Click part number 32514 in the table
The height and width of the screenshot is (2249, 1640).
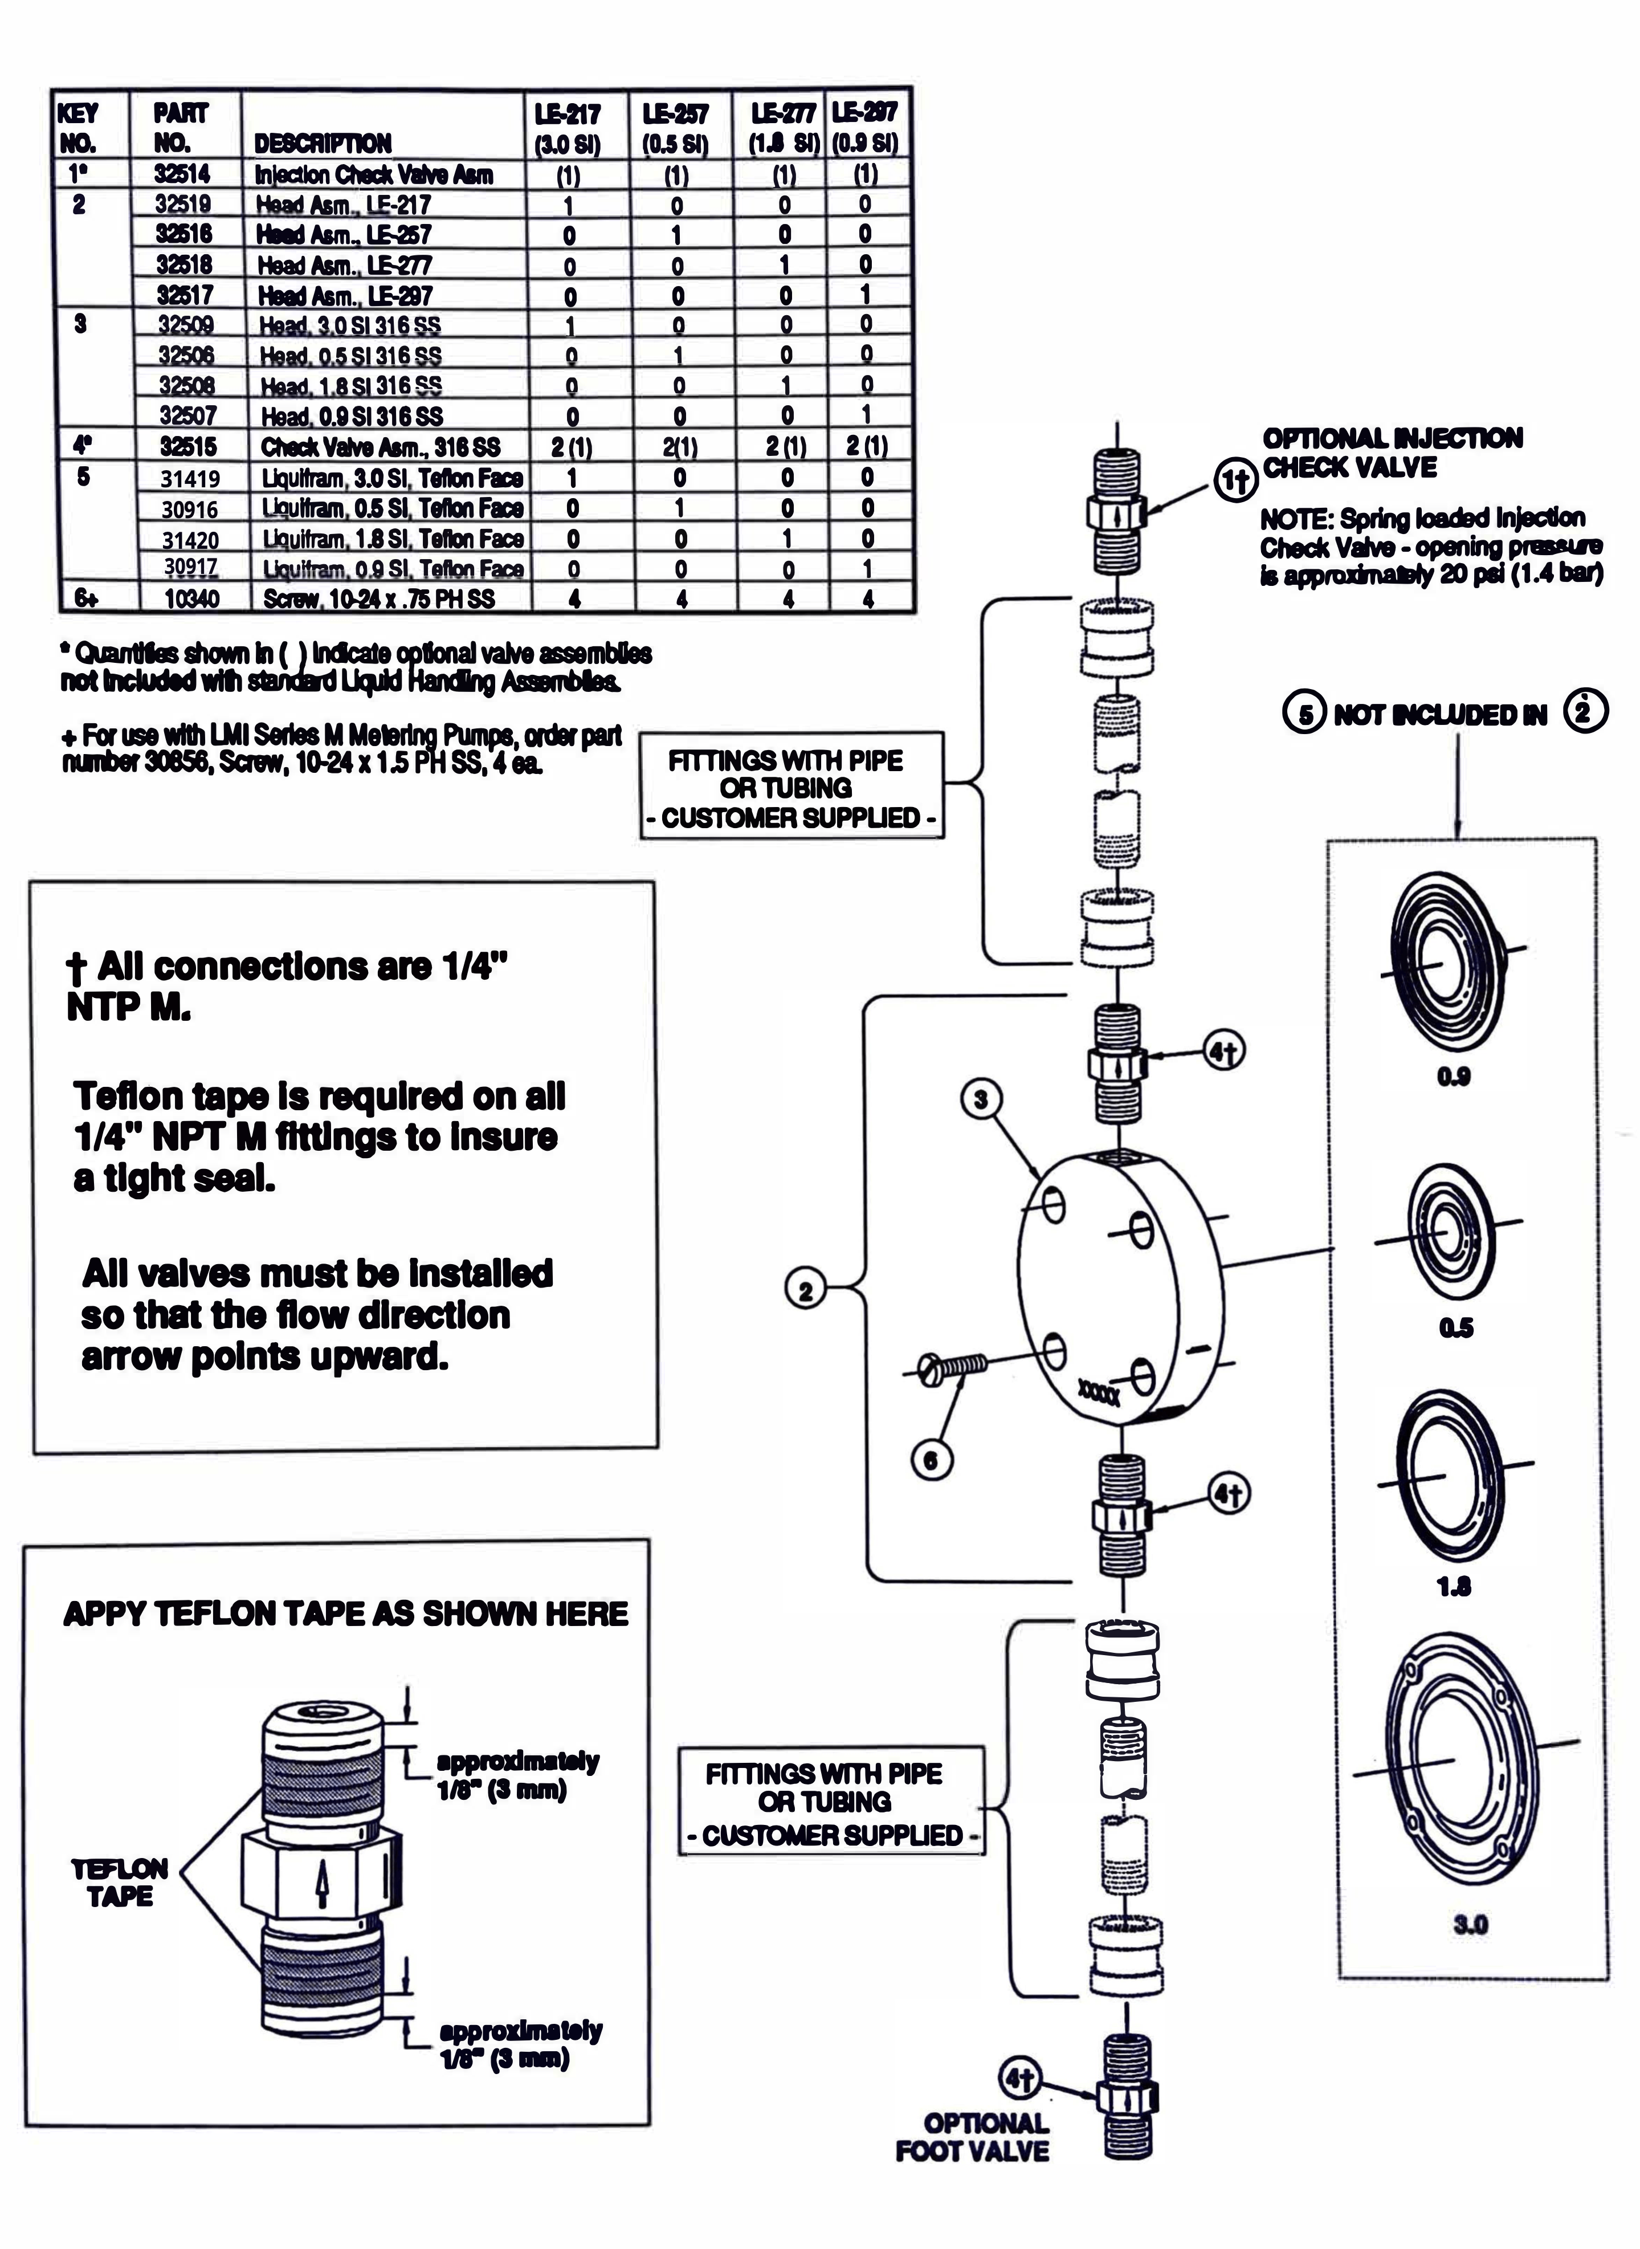point(183,175)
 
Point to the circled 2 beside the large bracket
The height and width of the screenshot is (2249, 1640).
point(805,1292)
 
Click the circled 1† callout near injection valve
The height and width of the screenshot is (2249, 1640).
point(1234,480)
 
